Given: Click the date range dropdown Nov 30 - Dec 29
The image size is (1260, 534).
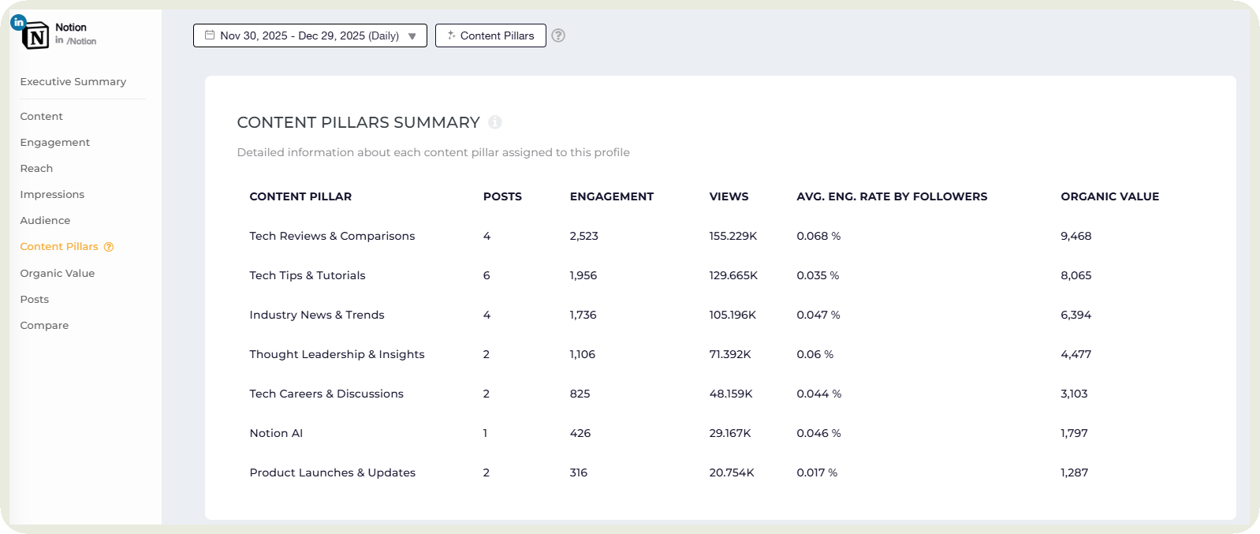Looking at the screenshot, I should (310, 35).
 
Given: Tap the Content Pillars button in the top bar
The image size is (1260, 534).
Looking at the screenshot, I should (490, 35).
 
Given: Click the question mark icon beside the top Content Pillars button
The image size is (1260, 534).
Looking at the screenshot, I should (558, 35).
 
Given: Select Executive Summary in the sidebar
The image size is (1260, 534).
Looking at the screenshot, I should (73, 82).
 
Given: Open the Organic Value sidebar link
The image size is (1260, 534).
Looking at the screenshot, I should (58, 274).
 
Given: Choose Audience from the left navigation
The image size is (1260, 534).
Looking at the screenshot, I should (45, 221).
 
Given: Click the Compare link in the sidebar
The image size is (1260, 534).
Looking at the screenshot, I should (44, 326).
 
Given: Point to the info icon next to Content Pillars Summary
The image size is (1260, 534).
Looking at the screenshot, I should (495, 122).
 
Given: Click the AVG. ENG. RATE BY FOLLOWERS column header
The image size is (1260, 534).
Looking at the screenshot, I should (892, 196).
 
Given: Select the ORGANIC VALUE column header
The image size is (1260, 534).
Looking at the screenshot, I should (1109, 196).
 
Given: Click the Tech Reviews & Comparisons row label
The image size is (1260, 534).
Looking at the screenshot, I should (332, 236).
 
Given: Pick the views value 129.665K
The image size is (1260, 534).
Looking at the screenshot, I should (733, 275).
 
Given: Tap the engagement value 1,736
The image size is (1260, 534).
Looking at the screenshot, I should (583, 315).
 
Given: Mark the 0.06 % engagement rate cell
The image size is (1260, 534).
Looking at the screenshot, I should (815, 354).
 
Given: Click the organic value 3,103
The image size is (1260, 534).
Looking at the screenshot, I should (1074, 394).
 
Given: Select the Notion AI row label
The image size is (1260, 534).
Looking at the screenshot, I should (276, 433).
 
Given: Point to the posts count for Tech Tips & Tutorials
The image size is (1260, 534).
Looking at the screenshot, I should (486, 275).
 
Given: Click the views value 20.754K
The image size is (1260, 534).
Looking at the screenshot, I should (732, 472).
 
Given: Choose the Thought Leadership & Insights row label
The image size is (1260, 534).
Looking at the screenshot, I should (337, 354).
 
